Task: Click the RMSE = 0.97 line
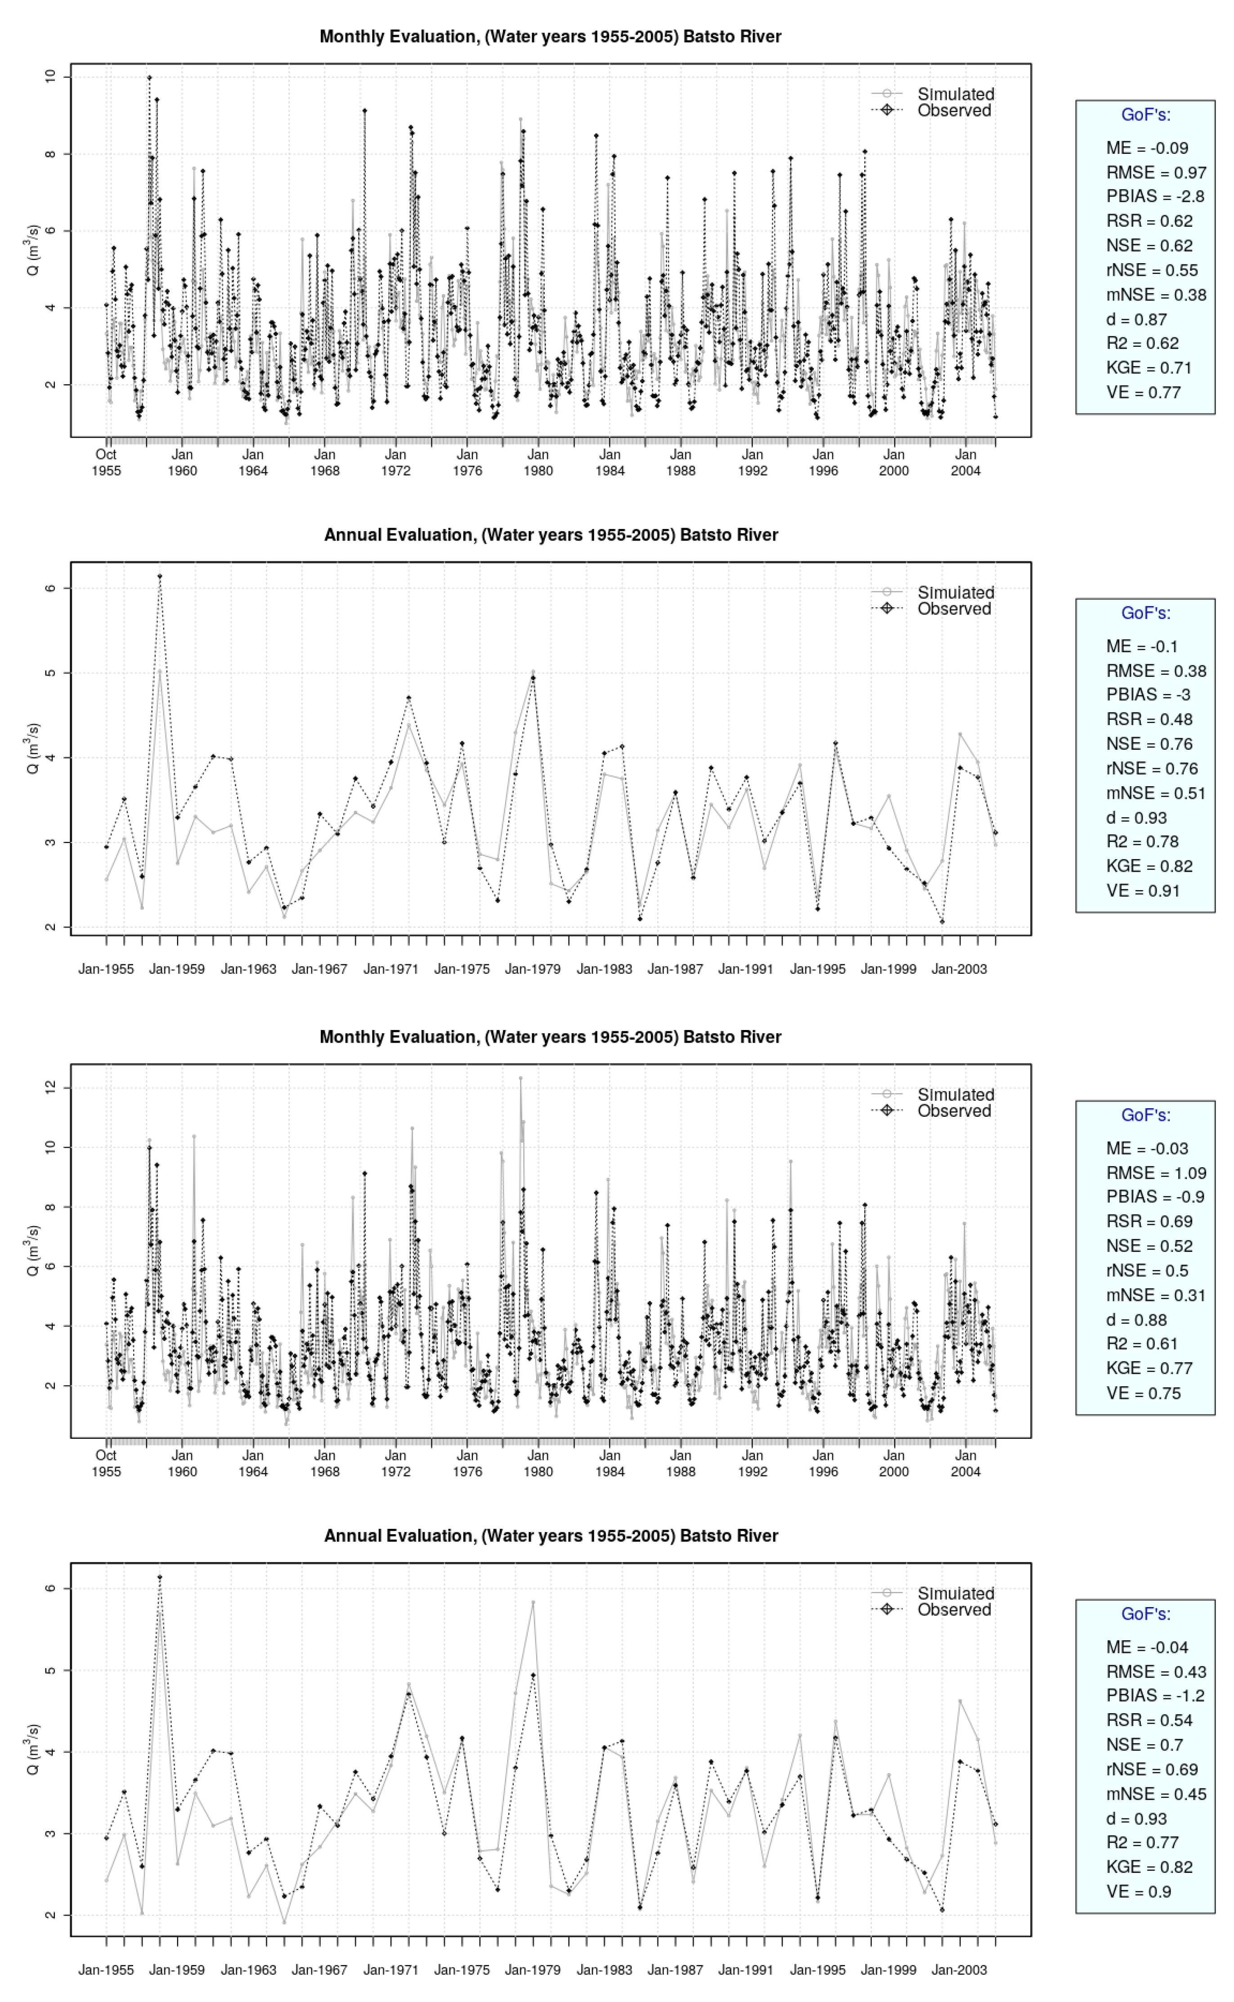point(1156,172)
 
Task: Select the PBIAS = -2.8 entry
point(1155,197)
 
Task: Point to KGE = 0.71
point(1149,368)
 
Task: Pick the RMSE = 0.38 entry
point(1156,671)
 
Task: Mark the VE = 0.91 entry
point(1143,891)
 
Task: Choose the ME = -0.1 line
point(1142,646)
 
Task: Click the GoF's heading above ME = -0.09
point(1145,115)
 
